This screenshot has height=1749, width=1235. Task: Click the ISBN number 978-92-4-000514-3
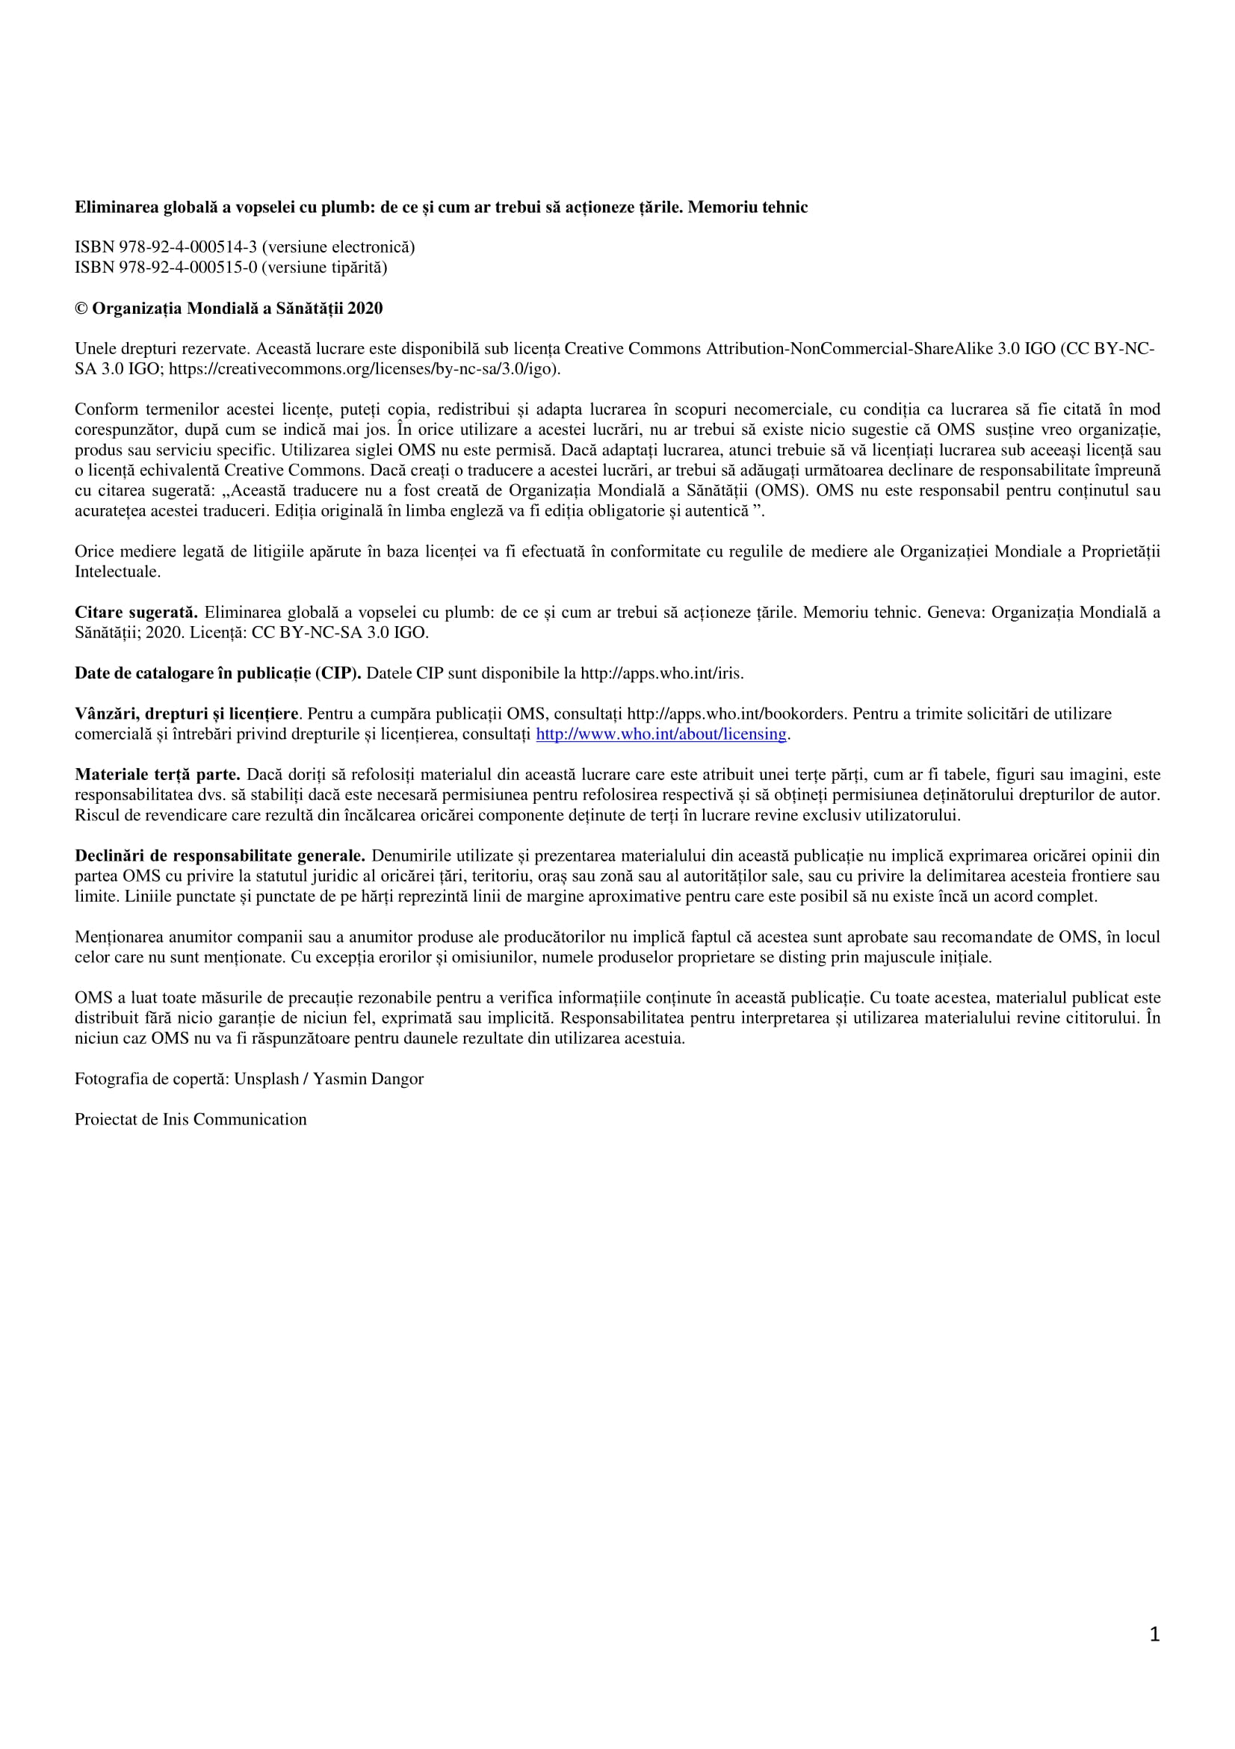click(188, 247)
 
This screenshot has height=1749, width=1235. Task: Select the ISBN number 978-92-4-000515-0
click(188, 267)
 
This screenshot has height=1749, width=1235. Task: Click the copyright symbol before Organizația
click(81, 309)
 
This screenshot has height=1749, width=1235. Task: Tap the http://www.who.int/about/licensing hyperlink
click(660, 734)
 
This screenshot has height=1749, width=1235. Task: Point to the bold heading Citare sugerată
click(137, 613)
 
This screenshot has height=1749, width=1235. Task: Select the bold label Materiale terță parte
click(158, 775)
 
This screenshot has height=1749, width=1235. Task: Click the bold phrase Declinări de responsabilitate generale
click(220, 855)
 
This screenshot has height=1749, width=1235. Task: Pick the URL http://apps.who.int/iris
click(661, 673)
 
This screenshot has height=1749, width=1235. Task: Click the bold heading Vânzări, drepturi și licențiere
click(187, 713)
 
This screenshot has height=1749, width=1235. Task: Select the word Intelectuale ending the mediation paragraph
click(117, 572)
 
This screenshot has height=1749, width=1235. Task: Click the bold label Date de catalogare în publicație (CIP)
click(218, 673)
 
